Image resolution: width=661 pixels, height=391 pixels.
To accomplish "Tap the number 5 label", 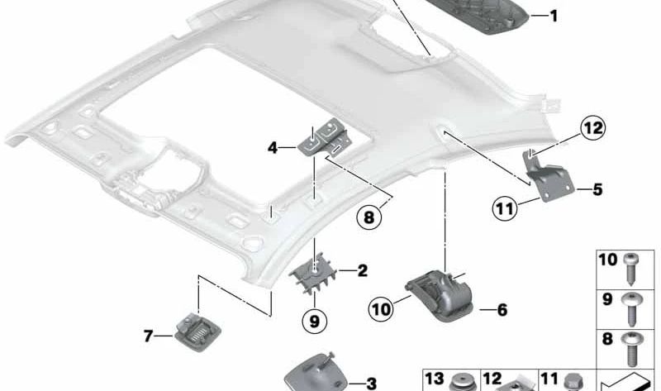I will tap(597, 189).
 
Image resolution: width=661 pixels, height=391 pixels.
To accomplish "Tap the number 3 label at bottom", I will tap(371, 383).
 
